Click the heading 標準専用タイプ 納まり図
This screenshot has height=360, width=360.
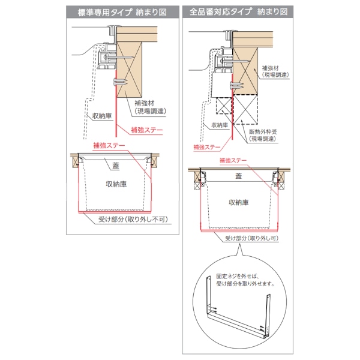pyautogui.click(x=122, y=12)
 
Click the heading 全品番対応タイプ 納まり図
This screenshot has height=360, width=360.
pyautogui.click(x=238, y=11)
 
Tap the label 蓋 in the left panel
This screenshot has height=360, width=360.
pyautogui.click(x=116, y=166)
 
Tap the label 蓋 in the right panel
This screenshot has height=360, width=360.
pyautogui.click(x=239, y=176)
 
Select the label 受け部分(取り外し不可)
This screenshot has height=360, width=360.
pyautogui.click(x=133, y=220)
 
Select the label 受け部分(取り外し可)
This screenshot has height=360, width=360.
pyautogui.click(x=251, y=238)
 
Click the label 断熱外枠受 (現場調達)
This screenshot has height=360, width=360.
pyautogui.click(x=263, y=135)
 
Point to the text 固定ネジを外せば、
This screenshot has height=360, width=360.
pyautogui.click(x=238, y=276)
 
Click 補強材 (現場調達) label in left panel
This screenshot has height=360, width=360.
pyautogui.click(x=150, y=107)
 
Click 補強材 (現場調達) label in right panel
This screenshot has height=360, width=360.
pyautogui.click(x=275, y=71)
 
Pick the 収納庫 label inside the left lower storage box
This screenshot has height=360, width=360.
pyautogui.click(x=116, y=184)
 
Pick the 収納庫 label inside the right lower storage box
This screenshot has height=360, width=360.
pyautogui.click(x=239, y=203)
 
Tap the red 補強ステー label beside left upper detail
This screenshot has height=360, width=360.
pyautogui.click(x=147, y=130)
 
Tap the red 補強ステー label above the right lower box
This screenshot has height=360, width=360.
pyautogui.click(x=233, y=160)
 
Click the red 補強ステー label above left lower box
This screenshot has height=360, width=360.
pyautogui.click(x=109, y=145)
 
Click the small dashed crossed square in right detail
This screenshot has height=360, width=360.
pyautogui.click(x=224, y=106)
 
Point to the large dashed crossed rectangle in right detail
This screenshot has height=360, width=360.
pyautogui.click(x=245, y=109)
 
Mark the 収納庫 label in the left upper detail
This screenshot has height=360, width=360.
pyautogui.click(x=102, y=116)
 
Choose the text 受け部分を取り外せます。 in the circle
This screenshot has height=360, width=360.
pyautogui.click(x=245, y=284)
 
